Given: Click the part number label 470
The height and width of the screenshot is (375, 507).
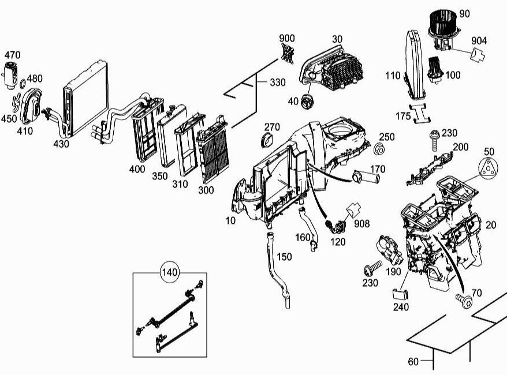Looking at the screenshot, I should [13, 55].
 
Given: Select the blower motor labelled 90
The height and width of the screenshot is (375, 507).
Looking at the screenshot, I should [442, 25].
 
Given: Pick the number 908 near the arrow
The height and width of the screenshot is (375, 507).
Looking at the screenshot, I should [362, 223].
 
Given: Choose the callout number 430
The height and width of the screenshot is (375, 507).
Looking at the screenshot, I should [61, 144].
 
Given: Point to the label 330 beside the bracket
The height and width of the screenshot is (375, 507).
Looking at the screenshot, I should [277, 82].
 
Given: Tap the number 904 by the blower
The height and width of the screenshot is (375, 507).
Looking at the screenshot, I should [479, 40].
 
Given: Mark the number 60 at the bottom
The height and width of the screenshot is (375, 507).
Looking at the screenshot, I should [413, 362].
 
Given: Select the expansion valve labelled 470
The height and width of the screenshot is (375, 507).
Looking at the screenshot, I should [10, 74].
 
